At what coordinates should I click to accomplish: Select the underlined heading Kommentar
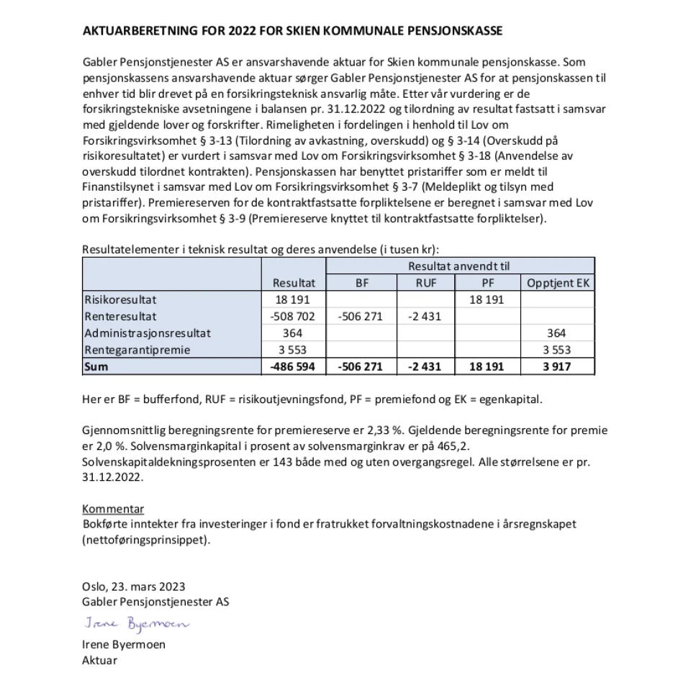pos(113,510)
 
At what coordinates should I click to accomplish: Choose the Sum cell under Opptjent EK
pos(558,367)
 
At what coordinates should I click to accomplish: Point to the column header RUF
pos(426,283)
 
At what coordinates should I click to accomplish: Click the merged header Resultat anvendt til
pos(461,266)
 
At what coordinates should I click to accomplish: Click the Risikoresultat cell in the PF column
pos(487,299)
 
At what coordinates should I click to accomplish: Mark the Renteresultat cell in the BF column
pos(361,316)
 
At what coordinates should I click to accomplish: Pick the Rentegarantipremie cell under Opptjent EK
pos(558,350)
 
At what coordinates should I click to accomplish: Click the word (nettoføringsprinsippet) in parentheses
pos(148,541)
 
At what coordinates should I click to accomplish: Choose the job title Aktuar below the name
pos(99,659)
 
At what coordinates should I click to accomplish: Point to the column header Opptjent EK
pos(558,283)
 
